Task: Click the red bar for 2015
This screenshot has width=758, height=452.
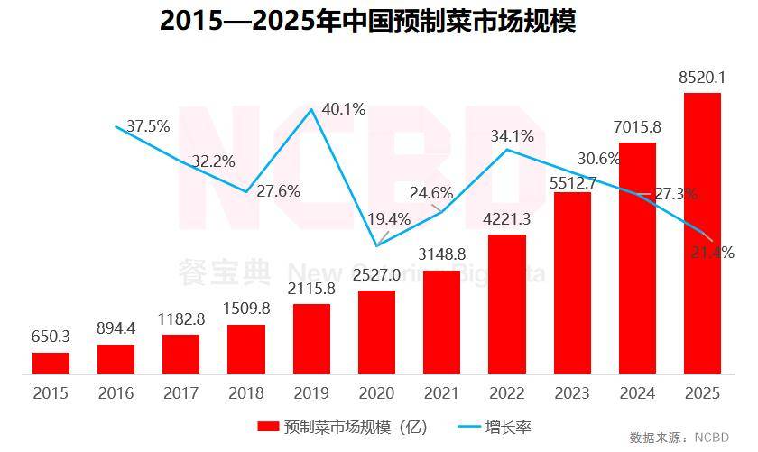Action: pyautogui.click(x=51, y=363)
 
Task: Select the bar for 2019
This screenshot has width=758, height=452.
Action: pyautogui.click(x=311, y=338)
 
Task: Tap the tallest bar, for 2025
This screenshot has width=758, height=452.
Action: pyautogui.click(x=702, y=233)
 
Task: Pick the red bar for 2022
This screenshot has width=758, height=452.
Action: pyautogui.click(x=506, y=303)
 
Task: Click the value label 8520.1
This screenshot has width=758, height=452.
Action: pyautogui.click(x=702, y=78)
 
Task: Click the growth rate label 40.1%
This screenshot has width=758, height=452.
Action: pyautogui.click(x=344, y=109)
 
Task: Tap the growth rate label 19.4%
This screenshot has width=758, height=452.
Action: pyautogui.click(x=389, y=218)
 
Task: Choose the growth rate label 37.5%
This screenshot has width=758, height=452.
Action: pyautogui.click(x=148, y=126)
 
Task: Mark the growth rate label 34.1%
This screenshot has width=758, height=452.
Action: pyautogui.click(x=512, y=136)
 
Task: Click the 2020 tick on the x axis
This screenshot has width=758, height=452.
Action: pyautogui.click(x=376, y=393)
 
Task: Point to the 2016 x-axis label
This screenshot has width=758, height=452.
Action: pyautogui.click(x=116, y=393)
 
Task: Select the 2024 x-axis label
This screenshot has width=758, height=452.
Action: pyautogui.click(x=637, y=393)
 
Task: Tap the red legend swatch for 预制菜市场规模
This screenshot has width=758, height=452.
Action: pyautogui.click(x=268, y=425)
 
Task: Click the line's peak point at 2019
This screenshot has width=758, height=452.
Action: pyautogui.click(x=311, y=110)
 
